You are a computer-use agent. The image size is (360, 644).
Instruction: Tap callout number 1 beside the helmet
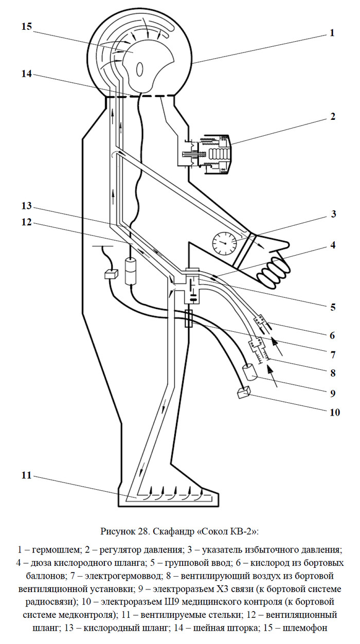pyautogui.click(x=332, y=33)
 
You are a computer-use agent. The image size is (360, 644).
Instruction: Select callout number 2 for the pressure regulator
pyautogui.click(x=333, y=117)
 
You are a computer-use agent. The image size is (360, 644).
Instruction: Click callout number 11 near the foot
pyautogui.click(x=26, y=476)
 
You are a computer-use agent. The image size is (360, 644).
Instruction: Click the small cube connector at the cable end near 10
pyautogui.click(x=244, y=392)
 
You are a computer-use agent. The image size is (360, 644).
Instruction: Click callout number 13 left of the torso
pyautogui.click(x=27, y=206)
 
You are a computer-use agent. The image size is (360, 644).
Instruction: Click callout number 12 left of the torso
pyautogui.click(x=27, y=222)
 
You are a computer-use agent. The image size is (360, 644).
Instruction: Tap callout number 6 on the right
pyautogui.click(x=333, y=335)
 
